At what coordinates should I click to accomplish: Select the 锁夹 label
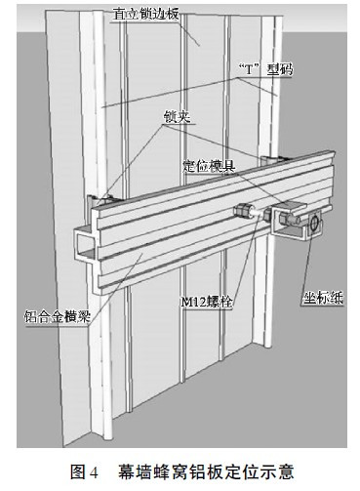tap(176, 116)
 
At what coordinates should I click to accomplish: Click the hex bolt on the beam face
tap(242, 210)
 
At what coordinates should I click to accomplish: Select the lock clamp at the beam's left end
tap(100, 201)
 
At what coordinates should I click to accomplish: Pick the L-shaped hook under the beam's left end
tap(100, 283)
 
